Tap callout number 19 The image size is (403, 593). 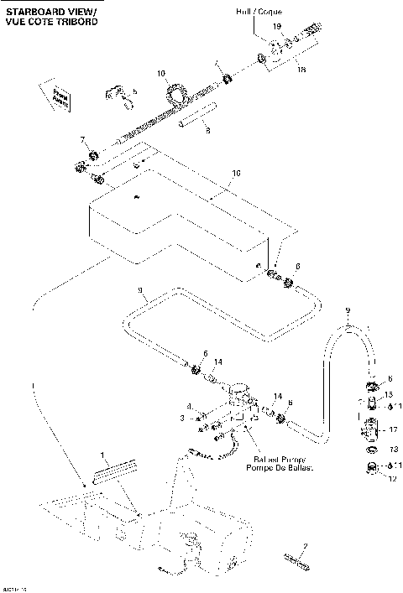[278, 28]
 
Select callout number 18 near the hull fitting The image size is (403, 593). [301, 70]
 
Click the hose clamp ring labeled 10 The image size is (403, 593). [175, 92]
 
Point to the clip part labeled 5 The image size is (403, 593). [118, 98]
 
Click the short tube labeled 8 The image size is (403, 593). [196, 117]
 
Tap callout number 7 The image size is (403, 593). [82, 138]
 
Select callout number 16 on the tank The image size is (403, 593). [236, 174]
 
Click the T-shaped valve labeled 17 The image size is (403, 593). [370, 430]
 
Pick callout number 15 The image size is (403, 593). [389, 394]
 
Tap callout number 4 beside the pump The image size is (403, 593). [190, 406]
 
